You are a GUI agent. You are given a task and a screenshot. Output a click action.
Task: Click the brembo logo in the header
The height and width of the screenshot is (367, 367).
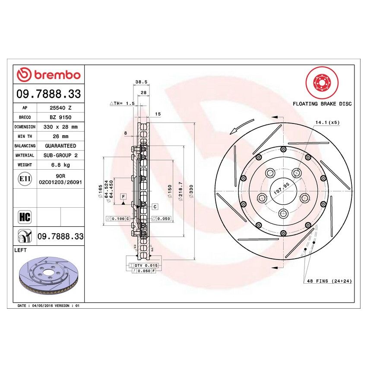pyautogui.click(x=48, y=75)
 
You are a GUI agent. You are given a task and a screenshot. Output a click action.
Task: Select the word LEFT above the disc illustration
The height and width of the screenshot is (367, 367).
pyautogui.click(x=21, y=250)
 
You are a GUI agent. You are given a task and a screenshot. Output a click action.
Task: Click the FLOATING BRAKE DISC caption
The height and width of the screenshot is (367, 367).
pyautogui.click(x=322, y=104)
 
